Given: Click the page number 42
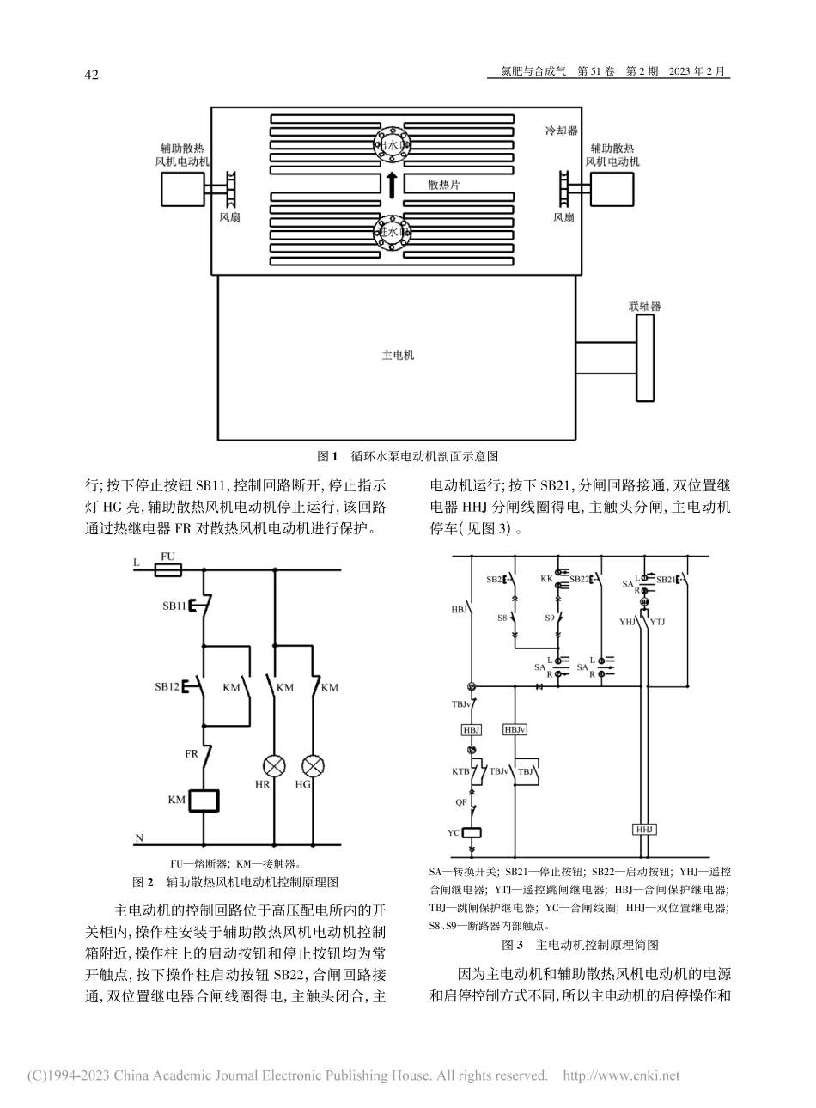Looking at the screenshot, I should pyautogui.click(x=91, y=75).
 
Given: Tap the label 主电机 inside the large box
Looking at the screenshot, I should pyautogui.click(x=397, y=354).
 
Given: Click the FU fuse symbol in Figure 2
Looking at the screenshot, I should pyautogui.click(x=168, y=569).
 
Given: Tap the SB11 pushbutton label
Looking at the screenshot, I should pyautogui.click(x=174, y=606).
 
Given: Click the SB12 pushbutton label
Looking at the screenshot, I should pyautogui.click(x=168, y=687).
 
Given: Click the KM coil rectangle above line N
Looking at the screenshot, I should pyautogui.click(x=204, y=799).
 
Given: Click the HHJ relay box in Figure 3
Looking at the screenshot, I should pyautogui.click(x=644, y=830).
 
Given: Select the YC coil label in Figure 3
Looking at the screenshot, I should pyautogui.click(x=453, y=832).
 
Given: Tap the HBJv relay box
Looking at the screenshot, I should pyautogui.click(x=515, y=728).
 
